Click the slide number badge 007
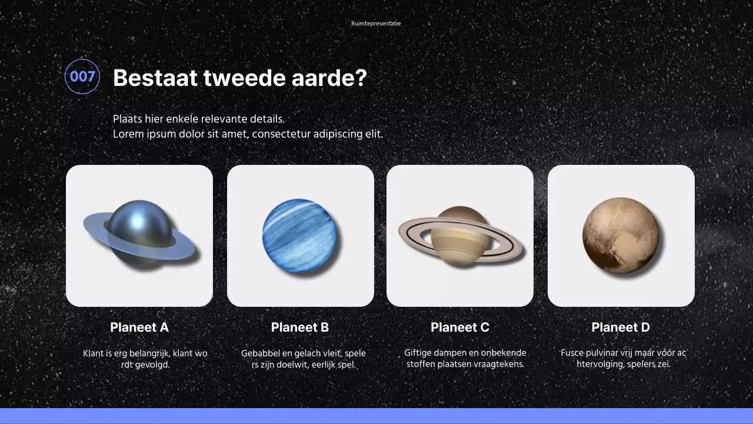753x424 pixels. coord(82,77)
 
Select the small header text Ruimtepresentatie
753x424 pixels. coord(376,24)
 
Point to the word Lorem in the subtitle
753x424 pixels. coord(128,134)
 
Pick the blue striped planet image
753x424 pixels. coord(299,236)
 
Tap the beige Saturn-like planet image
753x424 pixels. coord(460,236)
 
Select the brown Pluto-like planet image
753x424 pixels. coord(620,236)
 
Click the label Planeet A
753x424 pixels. coord(139,327)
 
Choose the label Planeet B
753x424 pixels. coord(300,327)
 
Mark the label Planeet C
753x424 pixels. coord(460,327)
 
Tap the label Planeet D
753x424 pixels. coord(621,327)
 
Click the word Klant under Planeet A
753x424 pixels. coord(93,353)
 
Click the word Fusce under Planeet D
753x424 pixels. coord(572,353)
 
